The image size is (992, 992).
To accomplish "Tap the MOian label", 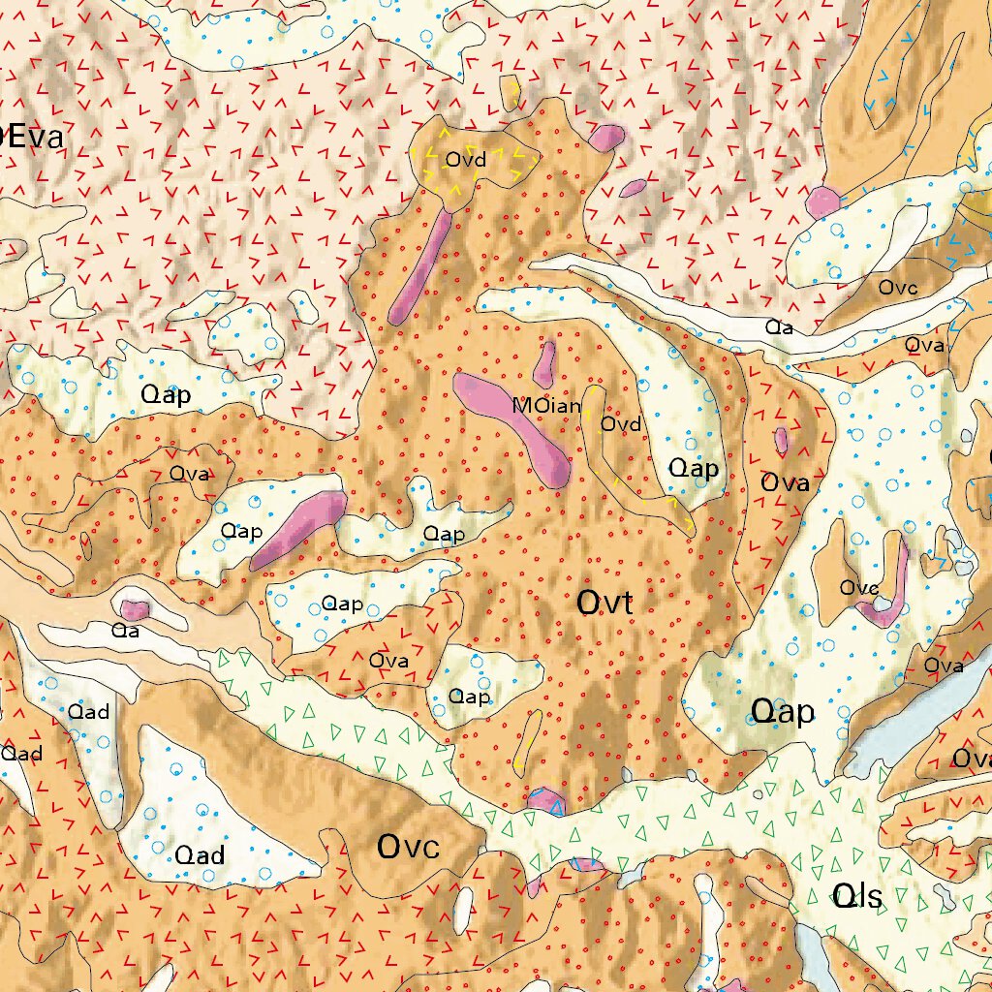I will coord(547,406).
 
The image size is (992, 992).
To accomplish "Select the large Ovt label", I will coord(604,604).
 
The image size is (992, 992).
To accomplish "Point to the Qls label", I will coord(857,897).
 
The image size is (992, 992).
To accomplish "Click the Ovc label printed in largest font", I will coord(408,848).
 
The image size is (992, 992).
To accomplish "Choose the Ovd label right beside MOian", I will coord(621,424).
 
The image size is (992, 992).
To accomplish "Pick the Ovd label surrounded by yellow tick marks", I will coord(465,159).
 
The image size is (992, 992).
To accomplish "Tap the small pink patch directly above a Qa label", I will coord(134,609).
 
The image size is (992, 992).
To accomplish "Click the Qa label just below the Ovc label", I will coord(780,327).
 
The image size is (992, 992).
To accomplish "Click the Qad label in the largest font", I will coord(200,854).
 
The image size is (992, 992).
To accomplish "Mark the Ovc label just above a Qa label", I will coord(898,288).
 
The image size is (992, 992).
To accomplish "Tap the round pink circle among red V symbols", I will coord(822,202).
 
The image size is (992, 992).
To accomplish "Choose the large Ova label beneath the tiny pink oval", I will coord(785,482).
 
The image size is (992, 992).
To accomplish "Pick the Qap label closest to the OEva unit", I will coord(166,395).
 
